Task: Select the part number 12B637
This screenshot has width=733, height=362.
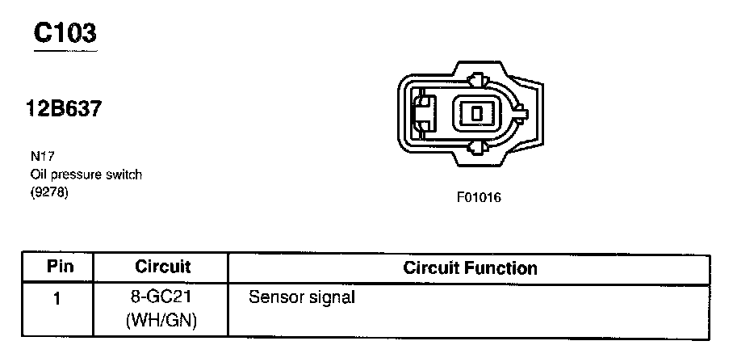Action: click(x=65, y=109)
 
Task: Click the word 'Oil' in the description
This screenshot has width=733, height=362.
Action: click(x=40, y=175)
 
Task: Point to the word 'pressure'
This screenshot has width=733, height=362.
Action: click(x=79, y=175)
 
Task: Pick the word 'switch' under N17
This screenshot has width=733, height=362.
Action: click(x=125, y=175)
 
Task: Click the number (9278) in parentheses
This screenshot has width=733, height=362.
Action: click(x=49, y=192)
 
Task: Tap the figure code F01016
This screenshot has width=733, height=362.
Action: click(x=479, y=196)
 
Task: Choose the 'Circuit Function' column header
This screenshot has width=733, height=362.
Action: click(x=470, y=267)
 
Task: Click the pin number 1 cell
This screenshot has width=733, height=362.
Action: click(x=57, y=298)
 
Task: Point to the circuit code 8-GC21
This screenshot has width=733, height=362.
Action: click(x=162, y=297)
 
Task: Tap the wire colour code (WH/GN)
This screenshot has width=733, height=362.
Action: click(x=162, y=320)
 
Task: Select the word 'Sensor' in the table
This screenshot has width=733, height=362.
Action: click(x=274, y=297)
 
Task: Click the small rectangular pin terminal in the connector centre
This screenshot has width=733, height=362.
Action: click(x=476, y=113)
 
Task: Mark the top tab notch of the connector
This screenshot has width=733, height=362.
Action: click(x=476, y=80)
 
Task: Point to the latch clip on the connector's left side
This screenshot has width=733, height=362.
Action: click(x=421, y=113)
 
